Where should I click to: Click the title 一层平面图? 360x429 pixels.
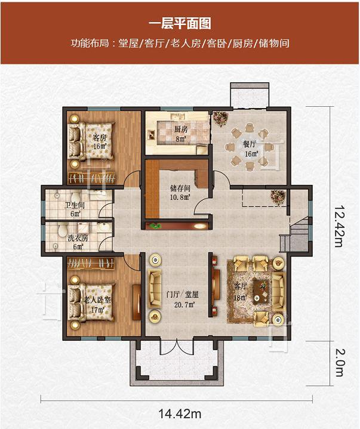pos(180,24)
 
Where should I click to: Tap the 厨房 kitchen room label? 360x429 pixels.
pos(181,129)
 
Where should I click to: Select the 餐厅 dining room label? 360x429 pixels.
pos(250,144)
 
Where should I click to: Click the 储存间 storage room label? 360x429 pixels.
pos(180,188)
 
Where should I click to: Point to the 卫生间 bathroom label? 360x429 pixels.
pos(75,205)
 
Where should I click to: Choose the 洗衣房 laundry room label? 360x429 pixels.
pos(78,238)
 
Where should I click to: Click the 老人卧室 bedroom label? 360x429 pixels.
pos(97,300)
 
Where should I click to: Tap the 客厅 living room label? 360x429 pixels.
pos(241,286)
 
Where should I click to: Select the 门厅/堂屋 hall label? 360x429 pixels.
pos(183,295)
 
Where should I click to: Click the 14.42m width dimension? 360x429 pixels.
pos(180,413)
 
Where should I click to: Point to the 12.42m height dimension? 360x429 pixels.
pos(339,226)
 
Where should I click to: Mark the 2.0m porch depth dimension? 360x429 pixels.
pos(339,363)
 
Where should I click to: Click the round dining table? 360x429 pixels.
pos(250,147)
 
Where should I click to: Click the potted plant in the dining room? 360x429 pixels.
pos(221,119)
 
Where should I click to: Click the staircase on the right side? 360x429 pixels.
pos(296,235)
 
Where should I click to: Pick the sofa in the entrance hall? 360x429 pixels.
pos(155,288)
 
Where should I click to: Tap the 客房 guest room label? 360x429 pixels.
pos(100,137)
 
